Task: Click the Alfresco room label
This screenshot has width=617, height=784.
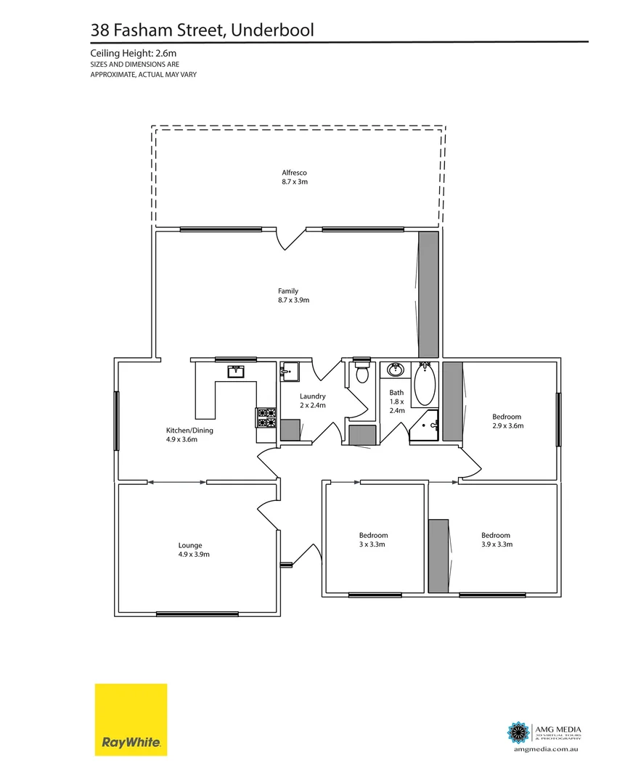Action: (x=295, y=173)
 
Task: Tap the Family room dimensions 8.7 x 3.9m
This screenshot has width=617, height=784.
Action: (x=288, y=300)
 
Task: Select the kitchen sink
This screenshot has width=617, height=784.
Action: (x=236, y=372)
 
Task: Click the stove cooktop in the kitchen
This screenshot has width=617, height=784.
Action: (x=266, y=417)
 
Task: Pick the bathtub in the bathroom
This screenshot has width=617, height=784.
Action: (x=424, y=385)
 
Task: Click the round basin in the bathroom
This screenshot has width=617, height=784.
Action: (x=396, y=370)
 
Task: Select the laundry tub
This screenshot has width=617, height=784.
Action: (x=289, y=372)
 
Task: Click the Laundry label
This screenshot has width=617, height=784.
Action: (x=313, y=396)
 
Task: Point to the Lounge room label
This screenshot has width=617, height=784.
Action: (x=190, y=545)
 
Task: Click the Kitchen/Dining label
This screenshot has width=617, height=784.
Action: (x=189, y=430)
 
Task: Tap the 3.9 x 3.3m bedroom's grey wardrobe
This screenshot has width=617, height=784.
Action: (x=438, y=555)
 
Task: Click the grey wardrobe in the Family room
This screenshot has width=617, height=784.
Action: (x=428, y=295)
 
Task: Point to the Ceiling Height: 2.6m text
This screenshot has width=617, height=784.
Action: (x=134, y=54)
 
